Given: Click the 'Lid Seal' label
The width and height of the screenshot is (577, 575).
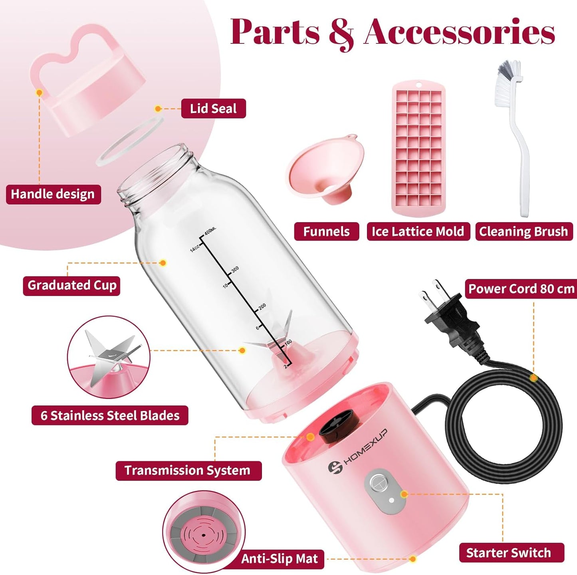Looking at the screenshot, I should pos(213,109).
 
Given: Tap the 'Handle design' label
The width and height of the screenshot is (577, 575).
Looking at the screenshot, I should pos(53,194).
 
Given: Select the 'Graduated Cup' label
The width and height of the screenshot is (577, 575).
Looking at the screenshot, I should pos(71,286).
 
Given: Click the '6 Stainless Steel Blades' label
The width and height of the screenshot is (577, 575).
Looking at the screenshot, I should pos(110,415).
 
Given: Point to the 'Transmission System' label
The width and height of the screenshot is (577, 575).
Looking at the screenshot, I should pos(188,470).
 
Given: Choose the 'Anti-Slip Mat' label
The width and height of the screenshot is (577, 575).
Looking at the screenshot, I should pos(280,559).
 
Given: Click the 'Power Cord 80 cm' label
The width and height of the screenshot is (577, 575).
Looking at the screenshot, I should pos(521,289).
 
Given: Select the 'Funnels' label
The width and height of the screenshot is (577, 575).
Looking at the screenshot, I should pos(326,231).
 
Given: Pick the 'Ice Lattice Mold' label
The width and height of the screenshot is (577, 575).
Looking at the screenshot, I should pos(418,231).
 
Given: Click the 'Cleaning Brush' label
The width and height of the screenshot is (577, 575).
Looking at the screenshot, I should pos(523,231).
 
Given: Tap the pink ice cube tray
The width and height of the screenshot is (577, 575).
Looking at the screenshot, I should pos(418,148).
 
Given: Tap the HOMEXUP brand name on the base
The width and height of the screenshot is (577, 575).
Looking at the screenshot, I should pos(365,447).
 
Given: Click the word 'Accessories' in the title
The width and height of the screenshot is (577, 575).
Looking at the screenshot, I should pos(459,32).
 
